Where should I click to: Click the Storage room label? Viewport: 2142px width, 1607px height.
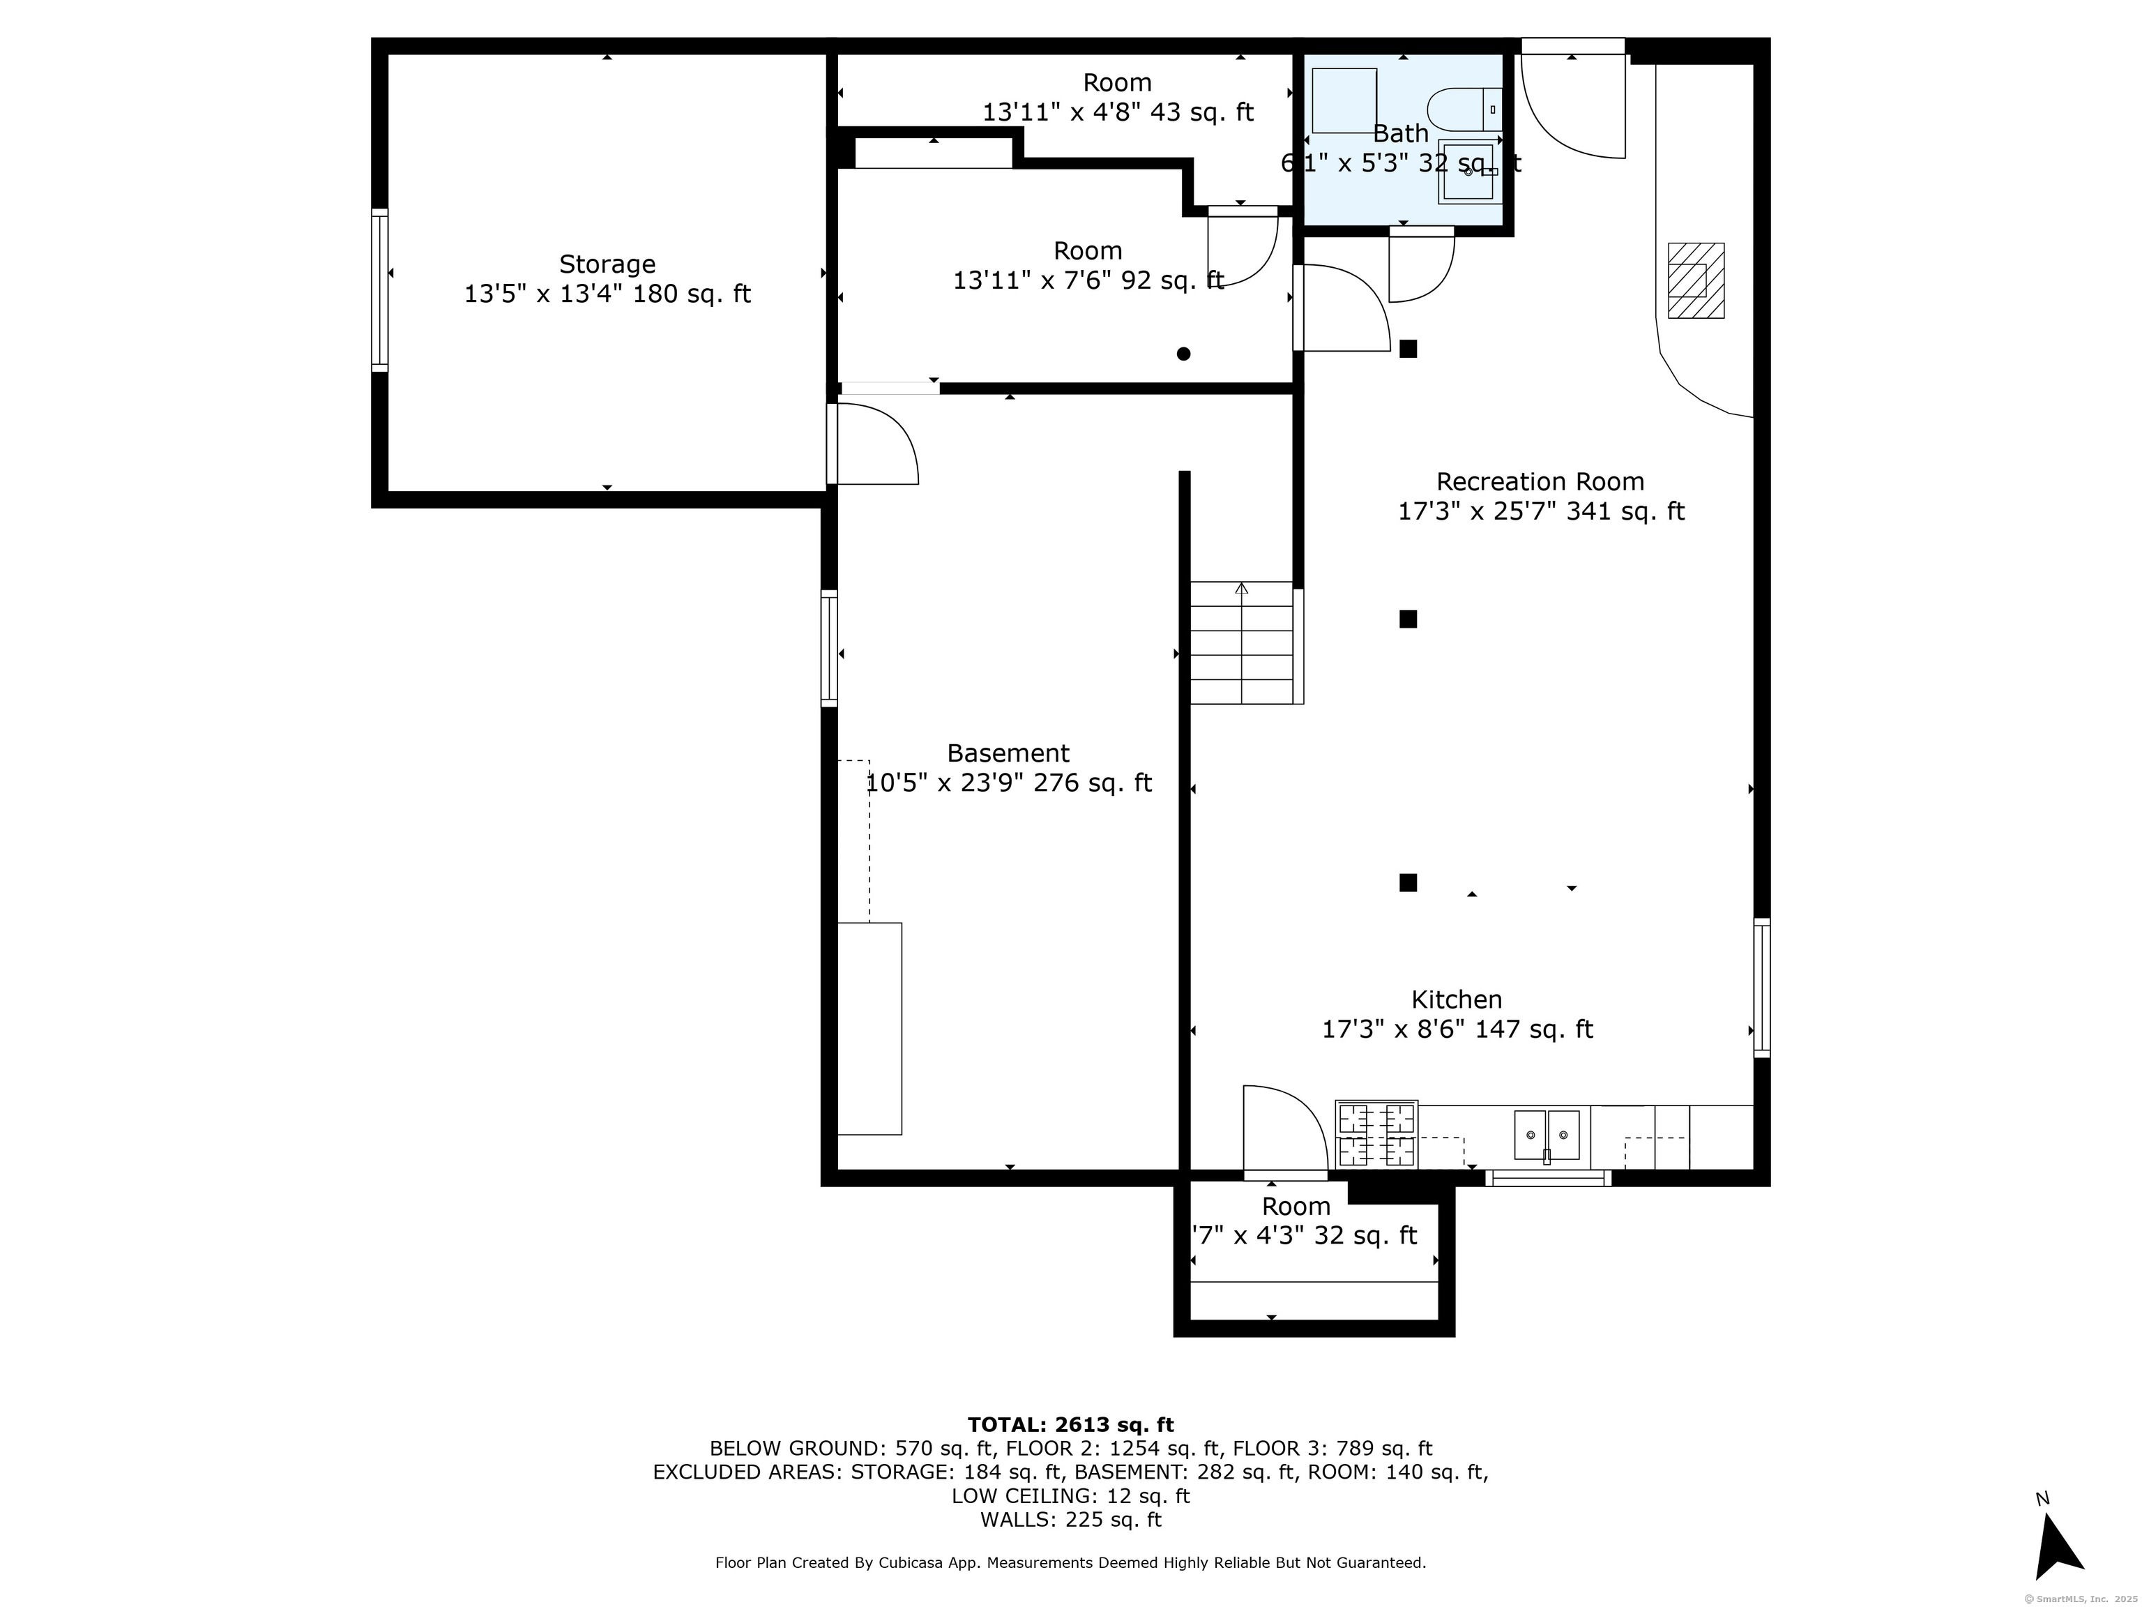click(x=607, y=264)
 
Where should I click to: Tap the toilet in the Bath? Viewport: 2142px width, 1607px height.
click(x=1465, y=110)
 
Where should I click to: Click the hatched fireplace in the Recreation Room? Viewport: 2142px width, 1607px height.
click(x=1696, y=280)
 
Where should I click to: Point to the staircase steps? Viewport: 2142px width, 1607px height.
click(x=1243, y=642)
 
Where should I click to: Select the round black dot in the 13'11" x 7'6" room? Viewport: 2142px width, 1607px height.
click(x=1183, y=354)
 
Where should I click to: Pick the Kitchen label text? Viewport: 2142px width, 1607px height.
click(x=1457, y=999)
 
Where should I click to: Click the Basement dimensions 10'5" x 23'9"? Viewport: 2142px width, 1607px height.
click(x=945, y=783)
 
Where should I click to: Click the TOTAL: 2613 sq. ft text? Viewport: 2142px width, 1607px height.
click(x=1070, y=1425)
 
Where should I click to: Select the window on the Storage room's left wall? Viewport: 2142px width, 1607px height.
click(x=379, y=291)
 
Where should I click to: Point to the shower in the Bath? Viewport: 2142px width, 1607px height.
click(x=1344, y=100)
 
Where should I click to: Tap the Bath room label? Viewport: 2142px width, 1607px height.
click(x=1400, y=134)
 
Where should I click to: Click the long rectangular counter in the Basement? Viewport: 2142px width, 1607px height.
click(x=869, y=1029)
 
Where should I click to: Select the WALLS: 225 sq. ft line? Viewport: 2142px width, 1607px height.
click(x=1070, y=1520)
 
